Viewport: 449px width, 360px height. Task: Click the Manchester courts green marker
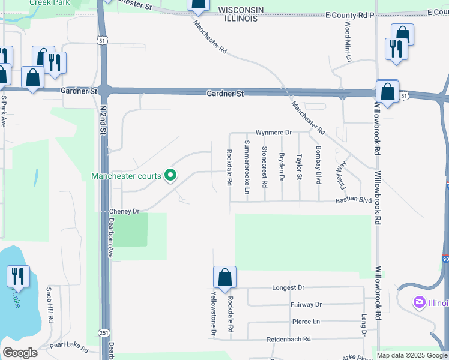170,176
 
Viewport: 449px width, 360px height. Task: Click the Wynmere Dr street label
273,132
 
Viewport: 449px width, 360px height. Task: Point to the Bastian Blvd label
354,199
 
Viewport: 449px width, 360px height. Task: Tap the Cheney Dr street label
124,212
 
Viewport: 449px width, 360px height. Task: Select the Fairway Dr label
306,305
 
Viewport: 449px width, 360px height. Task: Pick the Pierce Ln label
306,322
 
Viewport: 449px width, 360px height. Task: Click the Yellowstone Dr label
213,312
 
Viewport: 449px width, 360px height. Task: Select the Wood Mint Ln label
348,41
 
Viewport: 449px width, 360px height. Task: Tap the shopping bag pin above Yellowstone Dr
224,277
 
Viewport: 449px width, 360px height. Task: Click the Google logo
20,353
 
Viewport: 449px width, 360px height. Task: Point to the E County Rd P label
349,14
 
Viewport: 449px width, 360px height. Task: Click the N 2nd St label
103,119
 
